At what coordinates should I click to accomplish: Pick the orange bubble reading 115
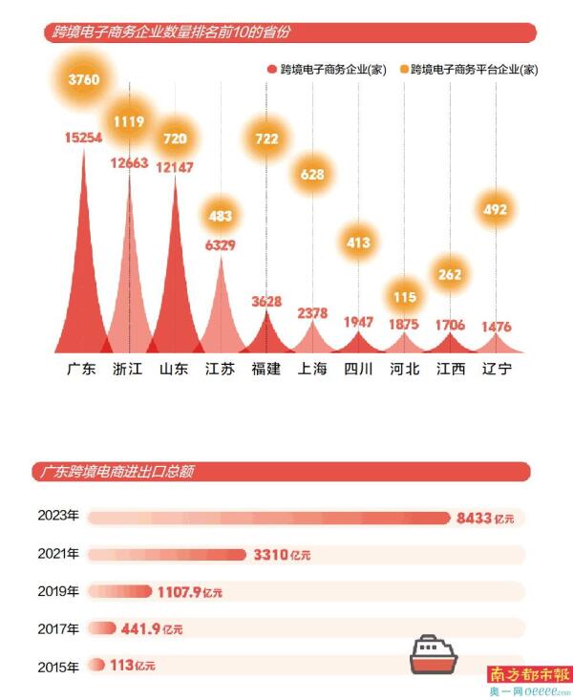[405, 297]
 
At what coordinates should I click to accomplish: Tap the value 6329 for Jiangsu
[221, 244]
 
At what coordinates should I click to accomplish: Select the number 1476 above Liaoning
[496, 328]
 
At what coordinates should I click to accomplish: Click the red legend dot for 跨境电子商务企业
[271, 70]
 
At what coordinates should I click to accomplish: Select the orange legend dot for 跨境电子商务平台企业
[404, 70]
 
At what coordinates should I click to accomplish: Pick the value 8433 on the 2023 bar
[474, 519]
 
